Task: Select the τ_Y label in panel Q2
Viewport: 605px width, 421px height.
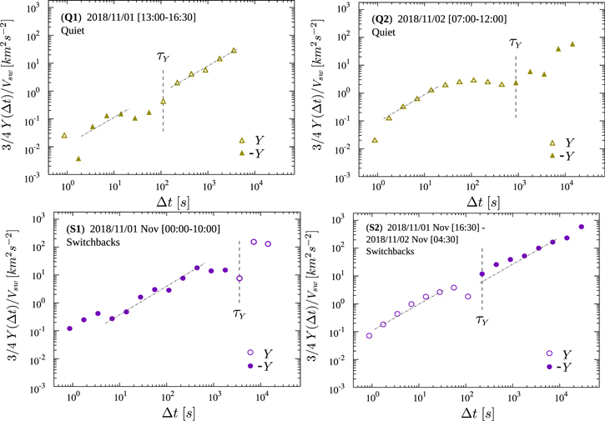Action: click(x=517, y=44)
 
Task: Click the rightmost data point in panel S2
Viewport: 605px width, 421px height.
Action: click(x=582, y=227)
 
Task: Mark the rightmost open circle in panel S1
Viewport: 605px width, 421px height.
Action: click(x=268, y=244)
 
